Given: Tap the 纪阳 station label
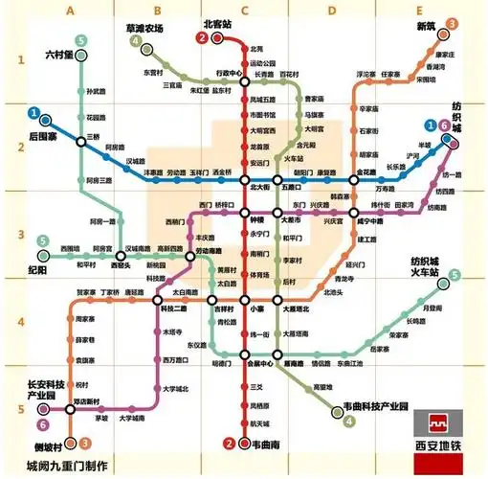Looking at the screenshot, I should [x=37, y=271].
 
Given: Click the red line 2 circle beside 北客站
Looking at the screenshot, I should [x=202, y=38].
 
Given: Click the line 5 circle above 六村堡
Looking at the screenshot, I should [x=81, y=40].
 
